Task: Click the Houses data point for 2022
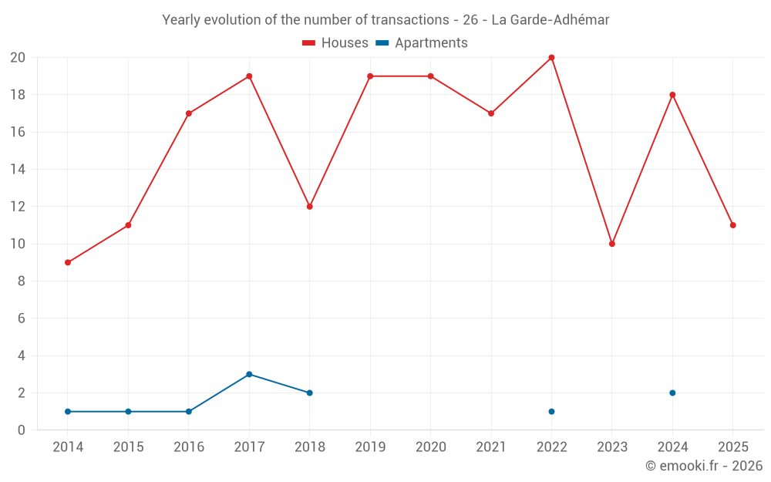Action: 551,58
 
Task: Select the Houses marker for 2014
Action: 68,262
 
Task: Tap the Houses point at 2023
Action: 612,244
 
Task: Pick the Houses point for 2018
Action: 309,207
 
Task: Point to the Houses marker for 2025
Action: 732,225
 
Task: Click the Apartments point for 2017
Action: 249,374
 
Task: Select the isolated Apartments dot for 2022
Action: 551,411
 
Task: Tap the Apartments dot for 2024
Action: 672,393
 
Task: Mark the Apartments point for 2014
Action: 68,411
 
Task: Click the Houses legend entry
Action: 335,43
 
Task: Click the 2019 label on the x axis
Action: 370,447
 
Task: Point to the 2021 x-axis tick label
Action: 491,447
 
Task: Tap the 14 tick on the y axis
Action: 18,170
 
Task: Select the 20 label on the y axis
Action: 18,58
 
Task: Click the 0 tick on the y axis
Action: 22,430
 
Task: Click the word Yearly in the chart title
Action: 181,20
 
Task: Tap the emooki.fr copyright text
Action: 704,466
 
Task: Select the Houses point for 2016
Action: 189,113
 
